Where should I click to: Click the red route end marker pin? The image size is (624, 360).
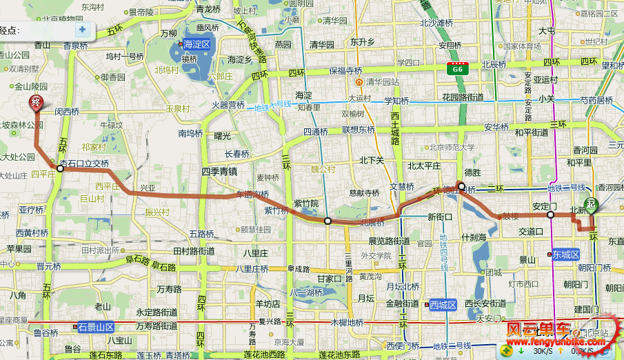36,104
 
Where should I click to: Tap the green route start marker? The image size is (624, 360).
592,208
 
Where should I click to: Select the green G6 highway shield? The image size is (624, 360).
456,69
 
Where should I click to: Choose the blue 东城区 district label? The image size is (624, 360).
566,254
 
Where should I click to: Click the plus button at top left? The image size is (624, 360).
83,30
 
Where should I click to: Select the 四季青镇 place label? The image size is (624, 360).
219,171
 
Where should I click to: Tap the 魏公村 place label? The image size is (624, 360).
323,169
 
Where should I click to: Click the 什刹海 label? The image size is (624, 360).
474,237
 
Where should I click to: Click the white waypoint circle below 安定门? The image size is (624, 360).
550,215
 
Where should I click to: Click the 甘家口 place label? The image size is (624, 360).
329,279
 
